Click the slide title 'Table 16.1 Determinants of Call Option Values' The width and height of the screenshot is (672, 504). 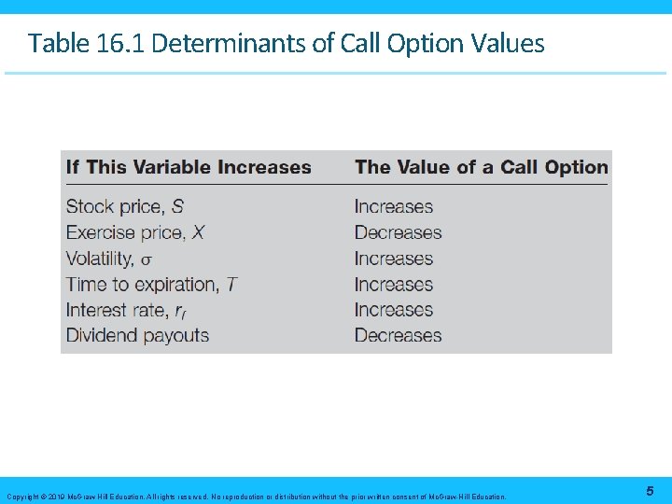click(x=286, y=43)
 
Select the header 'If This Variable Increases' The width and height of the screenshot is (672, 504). click(x=189, y=168)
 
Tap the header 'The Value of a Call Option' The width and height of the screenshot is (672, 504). click(x=481, y=168)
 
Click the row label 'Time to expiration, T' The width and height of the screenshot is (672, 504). click(x=151, y=285)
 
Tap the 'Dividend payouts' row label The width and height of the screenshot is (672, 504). click(x=137, y=336)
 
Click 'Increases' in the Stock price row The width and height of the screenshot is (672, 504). click(x=394, y=207)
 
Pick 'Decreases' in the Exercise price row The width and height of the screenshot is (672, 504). click(x=398, y=232)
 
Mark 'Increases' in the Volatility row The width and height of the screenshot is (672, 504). click(x=394, y=259)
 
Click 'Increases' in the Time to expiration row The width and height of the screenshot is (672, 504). click(x=394, y=285)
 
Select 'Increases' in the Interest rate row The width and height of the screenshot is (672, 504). click(x=394, y=310)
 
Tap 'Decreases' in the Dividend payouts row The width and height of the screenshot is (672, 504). click(x=398, y=336)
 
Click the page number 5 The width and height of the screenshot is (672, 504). click(x=649, y=491)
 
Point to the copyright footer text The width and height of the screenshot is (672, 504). click(x=256, y=497)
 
